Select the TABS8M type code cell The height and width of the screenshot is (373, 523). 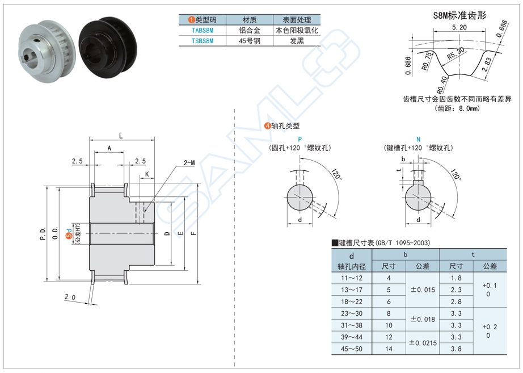tap(203, 30)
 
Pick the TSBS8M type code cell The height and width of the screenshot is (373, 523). tap(203, 41)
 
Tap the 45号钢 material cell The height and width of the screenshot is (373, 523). tap(250, 41)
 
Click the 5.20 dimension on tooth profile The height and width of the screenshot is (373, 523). tap(460, 27)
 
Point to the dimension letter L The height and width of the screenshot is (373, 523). tap(121, 135)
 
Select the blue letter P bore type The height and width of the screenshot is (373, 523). tap(300, 139)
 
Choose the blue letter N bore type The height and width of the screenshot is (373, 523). tap(418, 139)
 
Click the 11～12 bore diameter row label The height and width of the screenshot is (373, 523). tap(351, 278)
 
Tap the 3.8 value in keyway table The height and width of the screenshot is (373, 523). tap(456, 349)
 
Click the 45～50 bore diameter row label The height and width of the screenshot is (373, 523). tap(351, 349)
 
